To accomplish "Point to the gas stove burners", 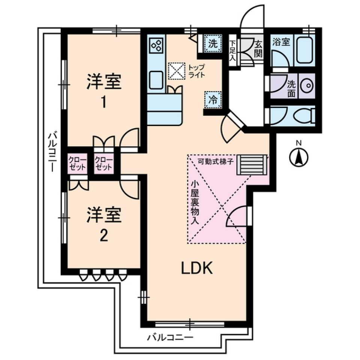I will [156, 46].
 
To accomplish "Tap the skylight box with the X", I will [176, 71].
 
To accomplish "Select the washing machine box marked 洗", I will [213, 43].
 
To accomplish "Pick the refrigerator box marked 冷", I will [213, 100].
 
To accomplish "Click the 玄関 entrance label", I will [258, 48].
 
